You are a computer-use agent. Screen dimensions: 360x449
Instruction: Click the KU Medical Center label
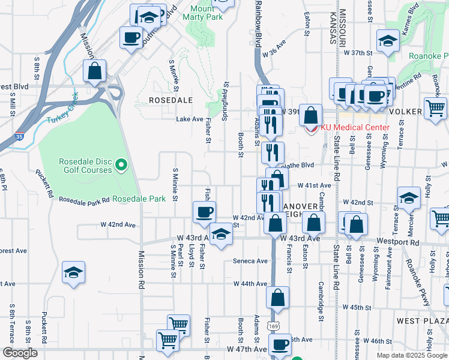click(x=355, y=127)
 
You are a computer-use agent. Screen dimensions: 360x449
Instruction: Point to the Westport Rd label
click(x=397, y=242)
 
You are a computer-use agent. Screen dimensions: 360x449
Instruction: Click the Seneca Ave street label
click(x=250, y=261)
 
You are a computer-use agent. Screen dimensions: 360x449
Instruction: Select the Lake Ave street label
click(x=189, y=119)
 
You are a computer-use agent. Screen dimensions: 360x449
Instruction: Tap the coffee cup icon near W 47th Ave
click(x=280, y=344)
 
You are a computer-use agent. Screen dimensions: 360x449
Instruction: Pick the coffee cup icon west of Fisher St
click(x=205, y=212)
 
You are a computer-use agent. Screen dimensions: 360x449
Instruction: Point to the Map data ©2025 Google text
click(x=411, y=355)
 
